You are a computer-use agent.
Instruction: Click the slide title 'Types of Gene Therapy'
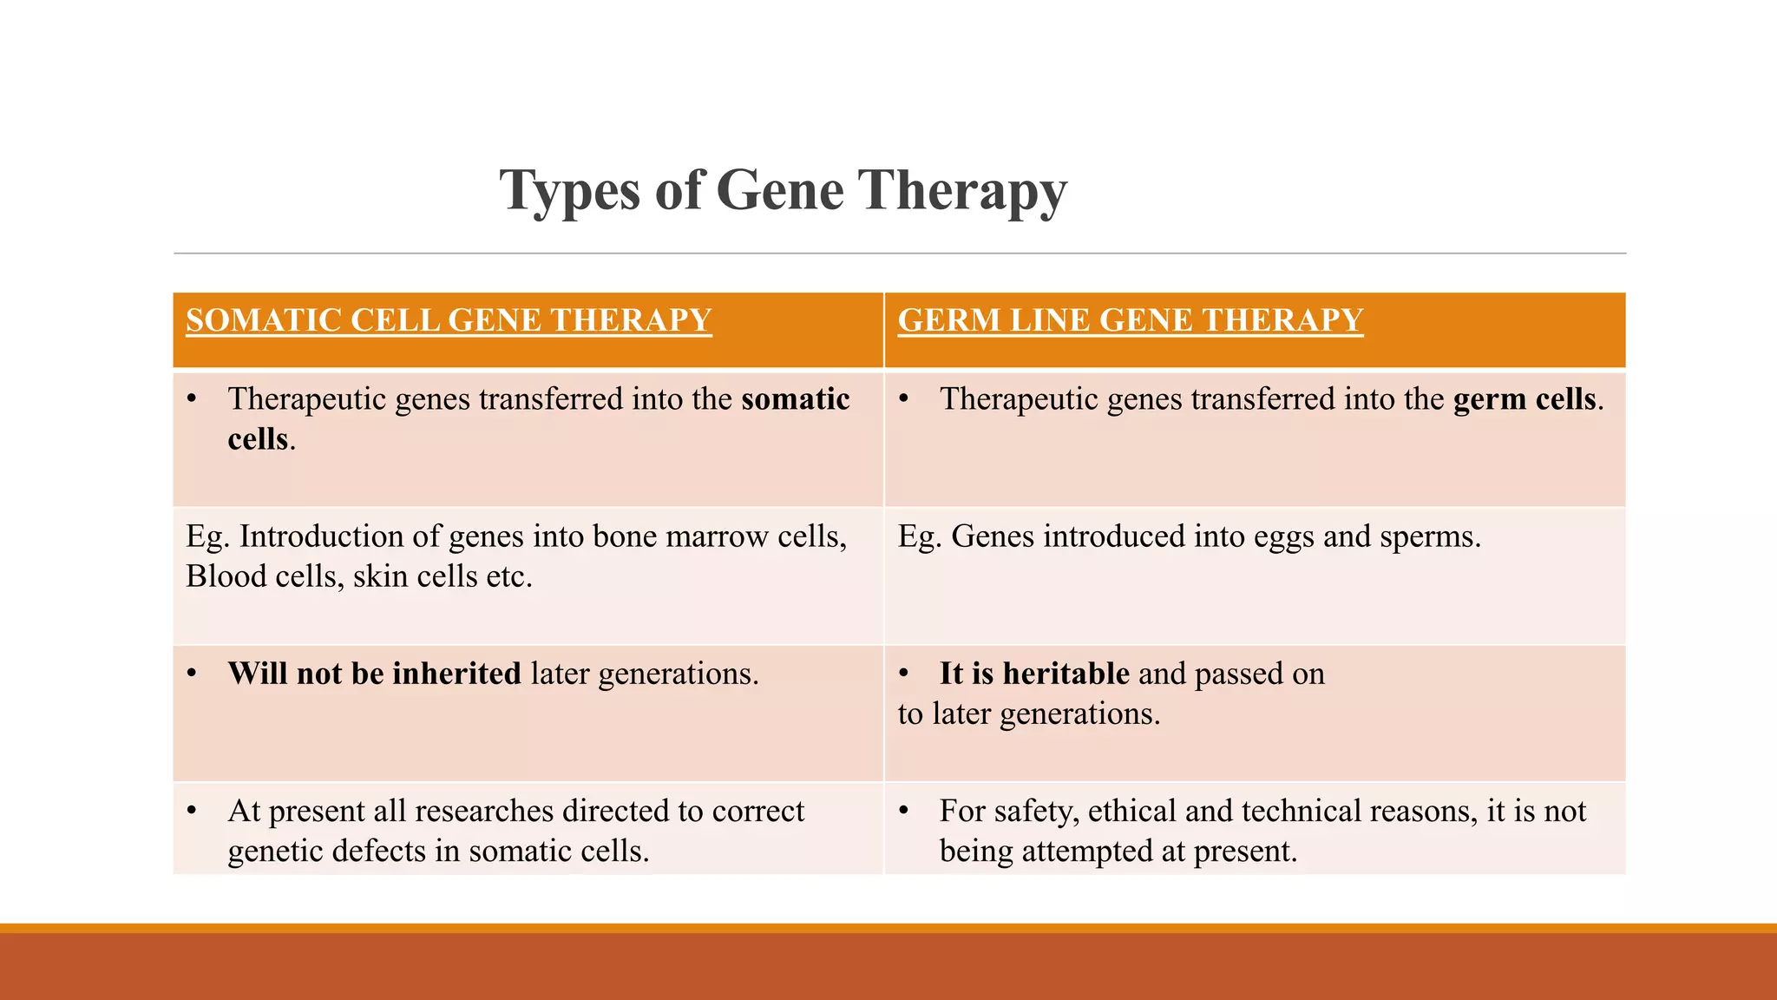[783, 191]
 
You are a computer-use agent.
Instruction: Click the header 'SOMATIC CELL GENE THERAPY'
[449, 320]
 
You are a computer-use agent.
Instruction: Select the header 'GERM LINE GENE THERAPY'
[1130, 320]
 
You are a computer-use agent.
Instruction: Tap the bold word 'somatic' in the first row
[795, 399]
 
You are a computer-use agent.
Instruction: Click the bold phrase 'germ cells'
[1525, 399]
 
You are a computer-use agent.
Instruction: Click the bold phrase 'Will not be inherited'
[374, 674]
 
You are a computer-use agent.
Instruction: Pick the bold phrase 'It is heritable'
[1033, 674]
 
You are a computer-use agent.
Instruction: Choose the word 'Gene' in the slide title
[779, 191]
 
